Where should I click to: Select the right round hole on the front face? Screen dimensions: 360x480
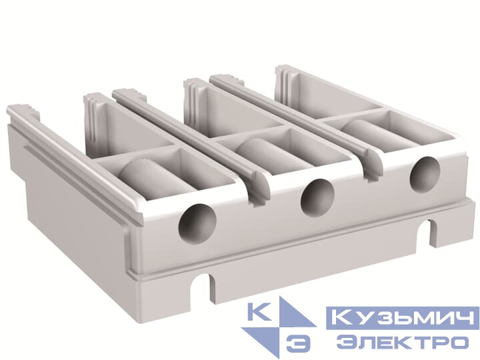[x=424, y=175]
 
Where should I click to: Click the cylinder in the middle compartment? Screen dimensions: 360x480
[x=262, y=152]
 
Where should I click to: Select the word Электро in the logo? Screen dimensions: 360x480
[x=401, y=342]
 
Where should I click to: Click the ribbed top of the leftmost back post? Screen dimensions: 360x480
[x=93, y=101]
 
